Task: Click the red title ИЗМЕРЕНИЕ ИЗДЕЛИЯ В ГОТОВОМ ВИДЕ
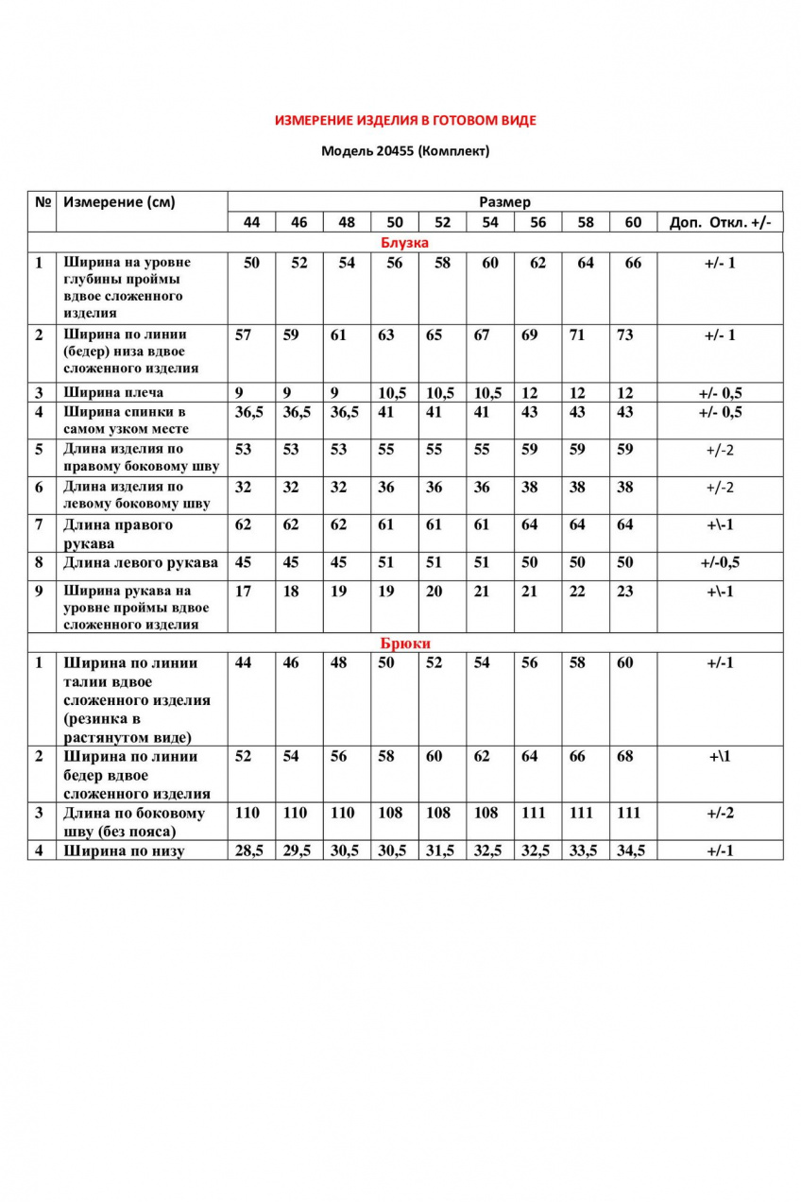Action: coord(405,121)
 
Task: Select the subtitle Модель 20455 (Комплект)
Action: coord(405,150)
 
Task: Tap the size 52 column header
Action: coord(442,222)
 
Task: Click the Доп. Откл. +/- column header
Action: coord(720,222)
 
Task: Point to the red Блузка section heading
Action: coord(404,243)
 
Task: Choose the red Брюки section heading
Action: coord(405,644)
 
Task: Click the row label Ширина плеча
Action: coord(113,392)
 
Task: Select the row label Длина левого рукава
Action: coord(141,562)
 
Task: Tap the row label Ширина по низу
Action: coord(124,850)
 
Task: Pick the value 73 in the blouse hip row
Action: coord(624,335)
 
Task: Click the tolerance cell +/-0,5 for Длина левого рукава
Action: coord(720,562)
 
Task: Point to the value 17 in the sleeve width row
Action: coord(244,592)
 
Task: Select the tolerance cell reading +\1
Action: coord(720,756)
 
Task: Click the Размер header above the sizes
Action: coord(504,201)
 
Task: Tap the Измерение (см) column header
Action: coord(119,201)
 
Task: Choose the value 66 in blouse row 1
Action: coord(633,263)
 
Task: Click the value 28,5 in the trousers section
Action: coord(250,850)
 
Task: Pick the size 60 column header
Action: coord(633,222)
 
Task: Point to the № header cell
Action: coord(43,201)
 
